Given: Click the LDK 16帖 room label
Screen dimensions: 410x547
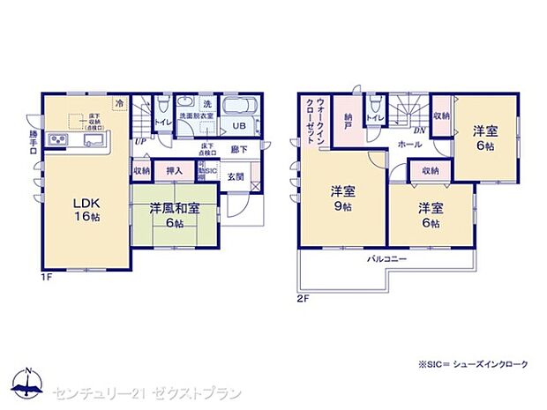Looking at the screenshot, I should click(x=86, y=210).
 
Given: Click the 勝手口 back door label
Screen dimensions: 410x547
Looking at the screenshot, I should click(x=34, y=143).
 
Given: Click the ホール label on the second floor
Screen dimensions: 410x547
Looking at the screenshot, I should click(x=408, y=143).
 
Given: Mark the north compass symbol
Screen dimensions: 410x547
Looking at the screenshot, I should click(x=28, y=382).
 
